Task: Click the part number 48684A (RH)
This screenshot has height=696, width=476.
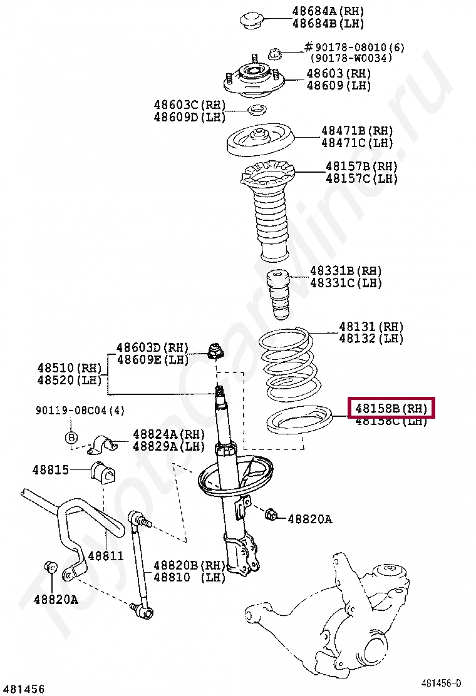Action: coord(328,11)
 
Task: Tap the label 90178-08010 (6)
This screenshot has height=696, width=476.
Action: coord(354,47)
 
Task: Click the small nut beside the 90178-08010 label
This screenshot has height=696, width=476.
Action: coord(274,54)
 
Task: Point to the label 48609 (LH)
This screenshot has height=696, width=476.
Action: coord(338,85)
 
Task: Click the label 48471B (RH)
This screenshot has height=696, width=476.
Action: coord(357,131)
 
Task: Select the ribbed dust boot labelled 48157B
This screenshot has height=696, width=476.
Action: coord(269,213)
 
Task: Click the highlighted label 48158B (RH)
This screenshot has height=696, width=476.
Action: coord(391,409)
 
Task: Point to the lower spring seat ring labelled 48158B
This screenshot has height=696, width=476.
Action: coord(299,421)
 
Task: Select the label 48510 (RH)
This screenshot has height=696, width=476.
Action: coord(69,368)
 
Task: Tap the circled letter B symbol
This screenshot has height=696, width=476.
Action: coord(71,437)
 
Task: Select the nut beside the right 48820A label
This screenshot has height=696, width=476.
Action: coord(272,515)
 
